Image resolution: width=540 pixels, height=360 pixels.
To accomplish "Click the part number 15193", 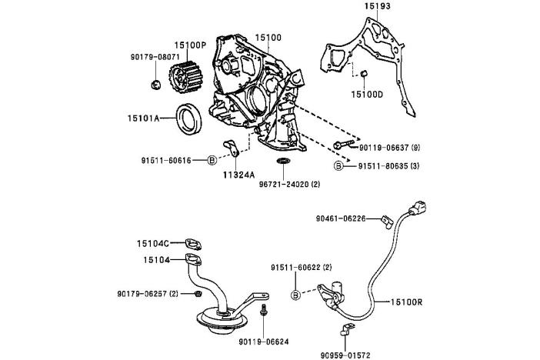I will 378,6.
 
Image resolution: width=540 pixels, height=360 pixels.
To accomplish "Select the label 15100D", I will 366,94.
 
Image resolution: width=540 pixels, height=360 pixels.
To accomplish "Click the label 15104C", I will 155,243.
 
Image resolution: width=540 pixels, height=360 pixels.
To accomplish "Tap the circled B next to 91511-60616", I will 212,161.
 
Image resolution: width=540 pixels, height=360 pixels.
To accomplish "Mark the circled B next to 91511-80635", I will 338,165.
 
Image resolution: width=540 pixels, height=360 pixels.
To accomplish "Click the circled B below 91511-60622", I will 295,295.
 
